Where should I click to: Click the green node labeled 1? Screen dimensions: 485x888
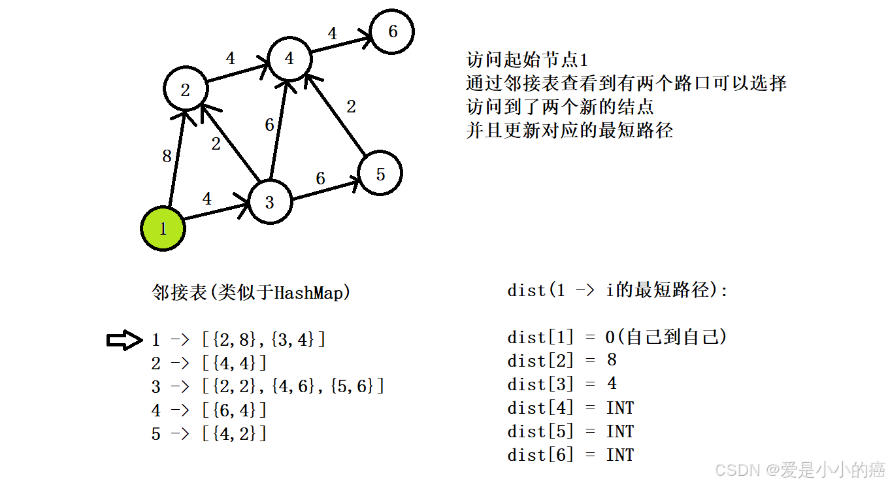click(x=163, y=229)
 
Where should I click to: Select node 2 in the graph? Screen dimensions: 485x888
click(x=186, y=90)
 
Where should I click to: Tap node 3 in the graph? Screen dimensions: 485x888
click(x=270, y=202)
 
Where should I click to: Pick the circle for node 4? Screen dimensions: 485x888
click(x=289, y=59)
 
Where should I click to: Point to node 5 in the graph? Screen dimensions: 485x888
click(x=380, y=173)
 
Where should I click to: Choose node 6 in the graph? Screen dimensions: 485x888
click(x=392, y=31)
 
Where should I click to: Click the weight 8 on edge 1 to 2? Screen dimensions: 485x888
click(x=167, y=156)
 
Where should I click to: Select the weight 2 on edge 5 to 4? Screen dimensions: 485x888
click(x=351, y=107)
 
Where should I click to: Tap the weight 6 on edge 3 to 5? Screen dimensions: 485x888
click(x=320, y=178)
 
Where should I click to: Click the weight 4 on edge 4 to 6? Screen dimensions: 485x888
click(x=333, y=33)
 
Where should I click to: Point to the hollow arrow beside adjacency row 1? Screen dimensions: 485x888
click(x=124, y=339)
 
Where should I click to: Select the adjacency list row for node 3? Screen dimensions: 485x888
click(x=268, y=386)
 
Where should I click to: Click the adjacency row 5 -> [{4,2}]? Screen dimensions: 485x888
click(x=209, y=433)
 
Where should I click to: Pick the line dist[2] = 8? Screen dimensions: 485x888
click(x=562, y=360)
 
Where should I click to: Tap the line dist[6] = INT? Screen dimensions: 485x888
click(x=570, y=455)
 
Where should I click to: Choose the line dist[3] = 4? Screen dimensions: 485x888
click(x=562, y=384)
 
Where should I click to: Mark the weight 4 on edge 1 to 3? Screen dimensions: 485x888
click(x=207, y=199)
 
